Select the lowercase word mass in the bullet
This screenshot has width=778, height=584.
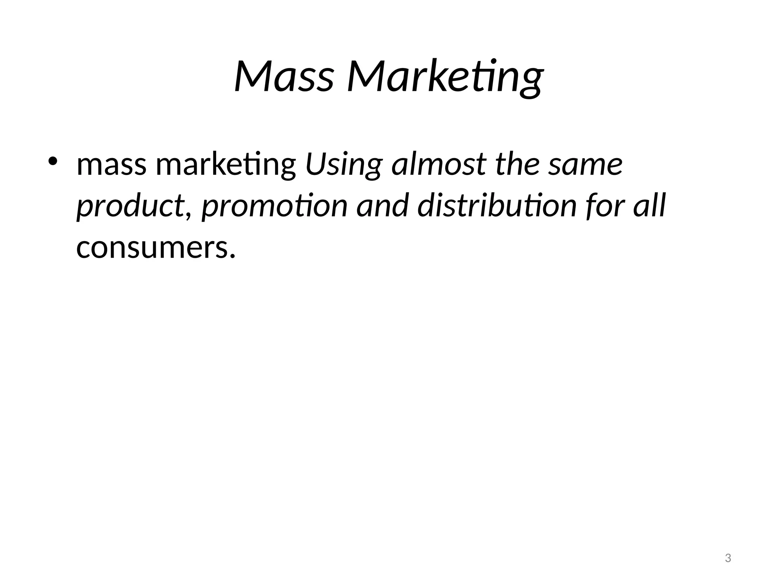pos(111,165)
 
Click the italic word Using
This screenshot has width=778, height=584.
pos(344,165)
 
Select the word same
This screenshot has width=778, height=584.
pos(585,166)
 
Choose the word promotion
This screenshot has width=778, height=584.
pos(274,206)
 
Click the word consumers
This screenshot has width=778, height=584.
pos(152,248)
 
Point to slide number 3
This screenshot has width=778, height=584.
pos(728,558)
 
